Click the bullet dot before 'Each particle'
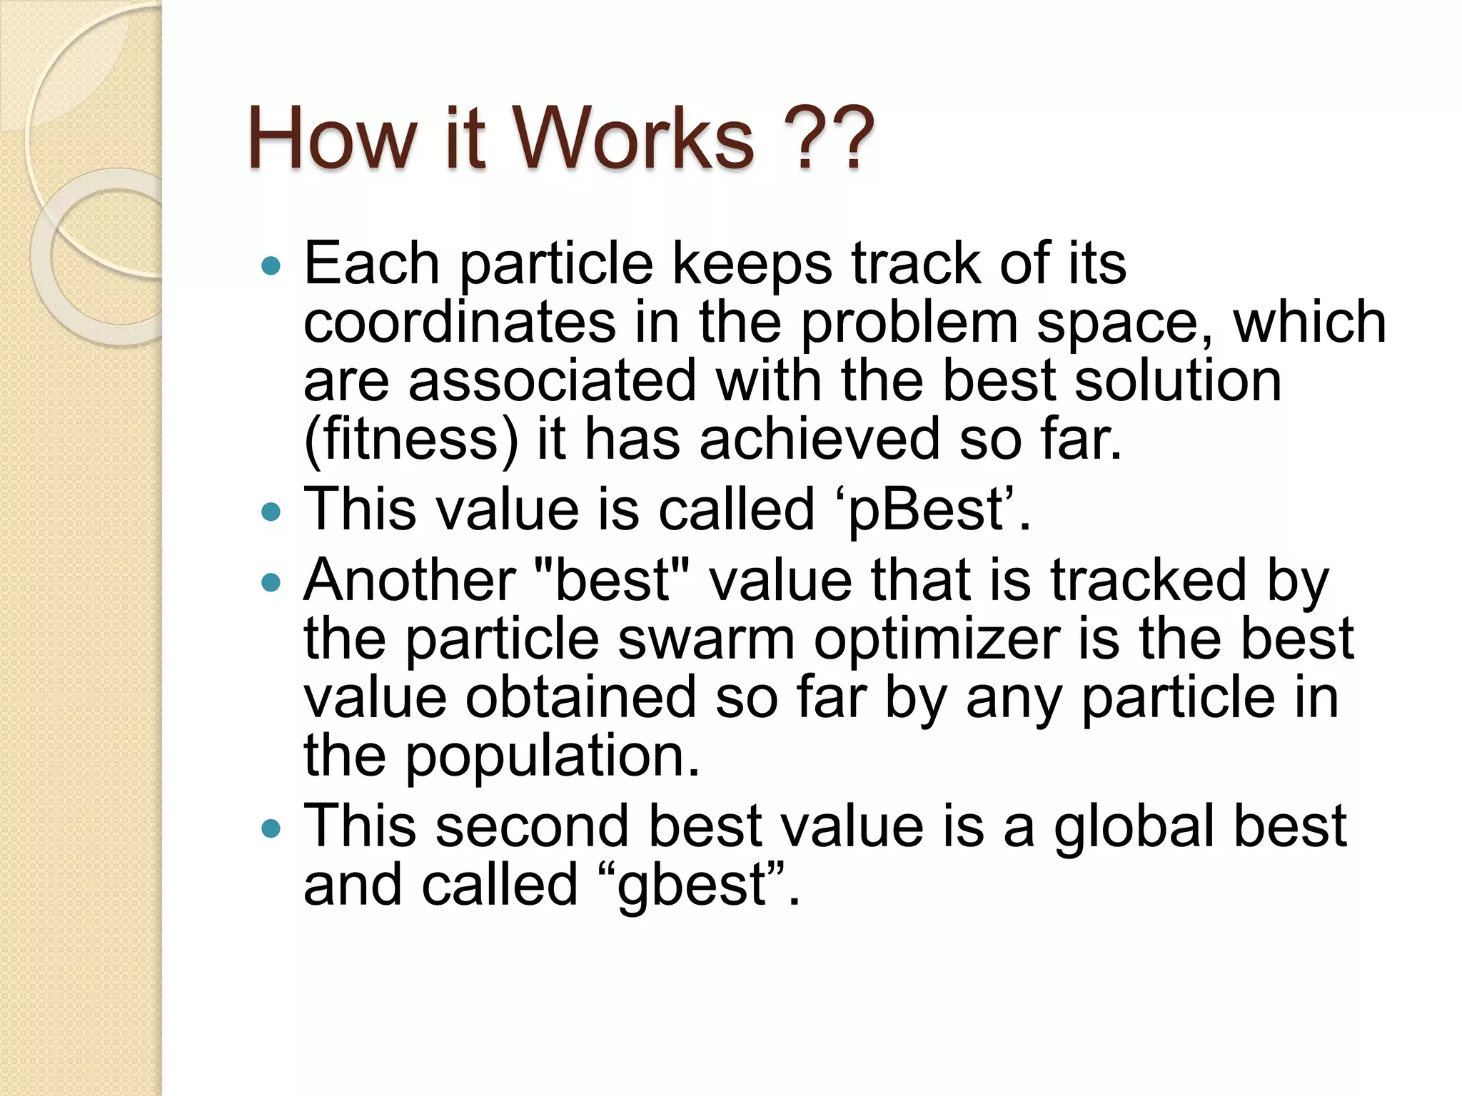pyautogui.click(x=271, y=267)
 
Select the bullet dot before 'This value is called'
pyautogui.click(x=271, y=512)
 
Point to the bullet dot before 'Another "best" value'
pyautogui.click(x=271, y=583)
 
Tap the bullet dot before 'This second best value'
pyautogui.click(x=271, y=828)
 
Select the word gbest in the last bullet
pyautogui.click(x=691, y=886)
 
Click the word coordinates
pyautogui.click(x=460, y=323)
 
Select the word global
pyautogui.click(x=1134, y=827)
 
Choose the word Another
pyautogui.click(x=410, y=580)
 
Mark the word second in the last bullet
pyautogui.click(x=533, y=826)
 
